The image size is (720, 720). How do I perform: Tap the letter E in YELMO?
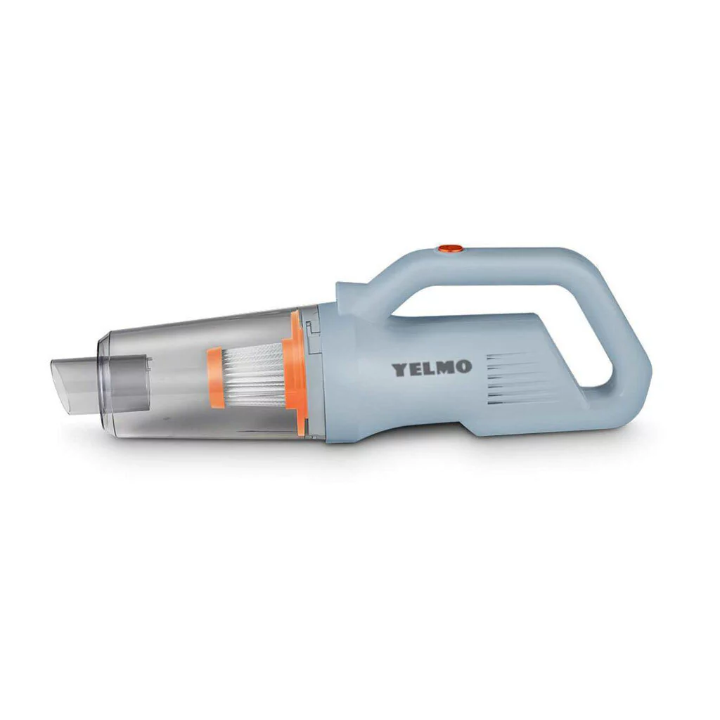click(x=416, y=368)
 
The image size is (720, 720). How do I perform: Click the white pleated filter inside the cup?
click(x=253, y=378)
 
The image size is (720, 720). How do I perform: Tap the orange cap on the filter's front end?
click(x=215, y=378)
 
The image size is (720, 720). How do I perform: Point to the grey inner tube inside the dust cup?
click(x=130, y=382)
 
